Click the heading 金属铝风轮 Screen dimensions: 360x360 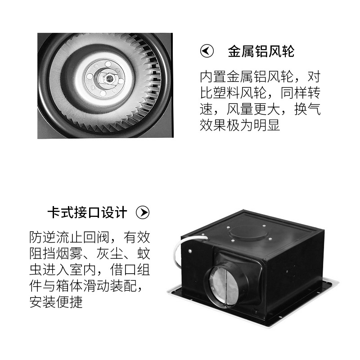(261, 51)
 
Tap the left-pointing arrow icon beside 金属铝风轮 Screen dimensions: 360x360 (207, 51)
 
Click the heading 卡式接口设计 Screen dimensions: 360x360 (87, 212)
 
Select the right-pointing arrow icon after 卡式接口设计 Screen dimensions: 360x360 (143, 212)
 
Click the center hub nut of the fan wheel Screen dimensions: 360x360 (108, 78)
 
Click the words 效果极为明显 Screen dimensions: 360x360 (240, 125)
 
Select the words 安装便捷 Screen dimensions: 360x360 (56, 302)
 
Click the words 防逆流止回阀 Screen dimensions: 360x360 (69, 237)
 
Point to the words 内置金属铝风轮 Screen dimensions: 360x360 (247, 76)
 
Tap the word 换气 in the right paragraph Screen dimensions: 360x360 (307, 109)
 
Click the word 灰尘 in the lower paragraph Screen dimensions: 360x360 (109, 253)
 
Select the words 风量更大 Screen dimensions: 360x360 (253, 109)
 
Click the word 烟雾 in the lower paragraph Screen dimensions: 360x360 (69, 253)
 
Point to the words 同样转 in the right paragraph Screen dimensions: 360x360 (301, 93)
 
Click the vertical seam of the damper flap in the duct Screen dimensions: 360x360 (226, 285)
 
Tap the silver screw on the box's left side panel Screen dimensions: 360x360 (190, 251)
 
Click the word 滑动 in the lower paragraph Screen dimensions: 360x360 (96, 286)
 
